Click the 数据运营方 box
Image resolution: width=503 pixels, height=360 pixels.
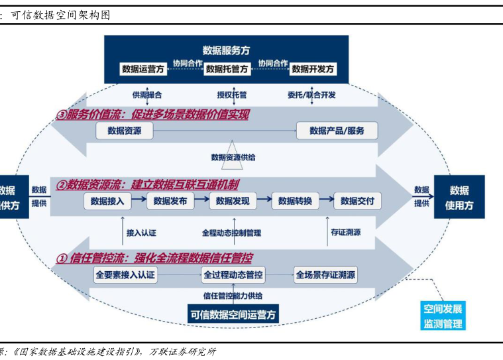143,69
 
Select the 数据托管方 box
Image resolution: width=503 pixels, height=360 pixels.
227,69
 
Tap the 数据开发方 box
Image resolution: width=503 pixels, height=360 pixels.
313,69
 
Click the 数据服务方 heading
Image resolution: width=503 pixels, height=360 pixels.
227,50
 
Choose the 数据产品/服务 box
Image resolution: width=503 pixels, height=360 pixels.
337,131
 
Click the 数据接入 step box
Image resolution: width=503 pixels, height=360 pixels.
107,201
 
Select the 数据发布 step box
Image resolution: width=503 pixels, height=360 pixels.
170,201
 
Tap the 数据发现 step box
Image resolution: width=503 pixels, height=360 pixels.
233,201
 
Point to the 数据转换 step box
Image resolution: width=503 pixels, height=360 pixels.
295,201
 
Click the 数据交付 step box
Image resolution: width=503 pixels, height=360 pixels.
358,201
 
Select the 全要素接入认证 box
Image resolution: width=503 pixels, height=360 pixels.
126,274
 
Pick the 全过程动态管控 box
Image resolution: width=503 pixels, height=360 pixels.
233,274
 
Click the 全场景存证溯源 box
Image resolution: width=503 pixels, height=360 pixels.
326,274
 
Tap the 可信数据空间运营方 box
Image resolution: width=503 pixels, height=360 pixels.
233,314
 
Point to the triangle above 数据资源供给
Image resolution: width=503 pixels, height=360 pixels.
233,148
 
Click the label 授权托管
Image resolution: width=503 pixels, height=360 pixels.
232,95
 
